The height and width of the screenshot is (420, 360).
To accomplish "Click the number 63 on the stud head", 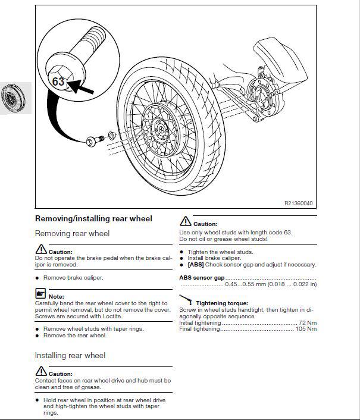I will click(x=58, y=82).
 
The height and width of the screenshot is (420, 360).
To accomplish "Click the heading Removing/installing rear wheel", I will click(x=93, y=219).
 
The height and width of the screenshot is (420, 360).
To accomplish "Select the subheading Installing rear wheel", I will click(x=70, y=355).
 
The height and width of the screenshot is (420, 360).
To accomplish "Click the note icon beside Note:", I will click(x=40, y=294).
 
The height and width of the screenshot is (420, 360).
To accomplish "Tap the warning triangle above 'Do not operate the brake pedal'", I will click(x=40, y=249).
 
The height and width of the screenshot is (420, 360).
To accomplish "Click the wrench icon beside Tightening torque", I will click(x=186, y=299).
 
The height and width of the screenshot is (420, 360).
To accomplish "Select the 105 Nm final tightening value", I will click(x=306, y=329).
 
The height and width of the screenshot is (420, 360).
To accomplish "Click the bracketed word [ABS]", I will click(x=196, y=265).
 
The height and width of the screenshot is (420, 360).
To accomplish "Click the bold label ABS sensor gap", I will click(x=202, y=277).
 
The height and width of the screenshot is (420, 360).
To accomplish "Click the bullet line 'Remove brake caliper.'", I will click(x=73, y=278).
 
